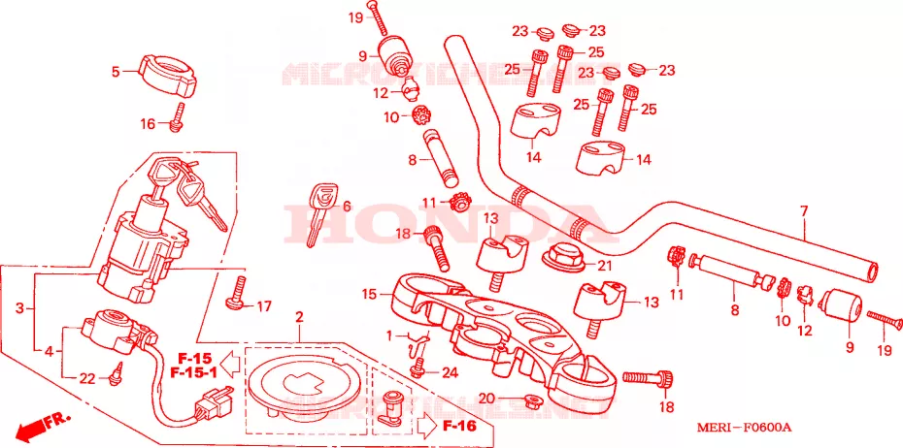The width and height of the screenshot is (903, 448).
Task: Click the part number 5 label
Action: pos(115,71)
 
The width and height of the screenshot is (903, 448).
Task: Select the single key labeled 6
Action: pos(318,215)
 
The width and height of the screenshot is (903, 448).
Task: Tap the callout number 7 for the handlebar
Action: pos(803,210)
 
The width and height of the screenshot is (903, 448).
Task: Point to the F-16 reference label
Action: pos(459,425)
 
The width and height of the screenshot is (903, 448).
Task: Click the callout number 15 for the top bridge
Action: pos(368,294)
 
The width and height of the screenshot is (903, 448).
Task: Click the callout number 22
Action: pos(86,378)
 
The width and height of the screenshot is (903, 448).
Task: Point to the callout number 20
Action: pos(485,398)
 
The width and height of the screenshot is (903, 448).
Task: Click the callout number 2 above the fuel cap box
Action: pos(299,317)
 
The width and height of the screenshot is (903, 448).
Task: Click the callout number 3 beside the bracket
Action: pos(19,308)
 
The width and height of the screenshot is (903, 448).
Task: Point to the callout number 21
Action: pos(604,265)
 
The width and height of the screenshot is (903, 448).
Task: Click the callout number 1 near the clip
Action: pos(389,336)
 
